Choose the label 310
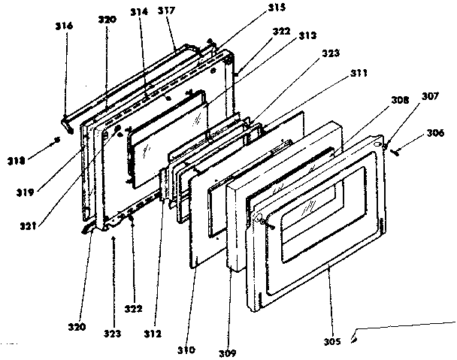tap(186, 349)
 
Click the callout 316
tap(63, 26)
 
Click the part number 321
tap(32, 219)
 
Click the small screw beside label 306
tap(395, 150)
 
